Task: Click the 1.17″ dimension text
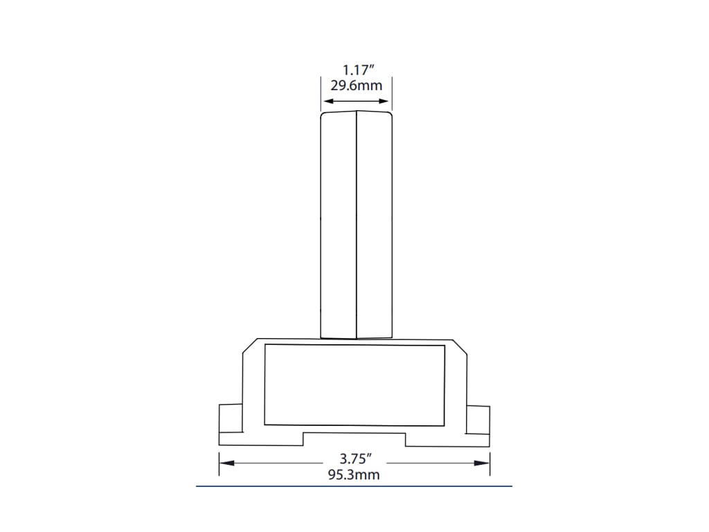click(356, 70)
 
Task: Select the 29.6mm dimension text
click(356, 86)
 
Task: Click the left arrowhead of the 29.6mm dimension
click(325, 101)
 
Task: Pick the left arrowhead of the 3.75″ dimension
click(224, 462)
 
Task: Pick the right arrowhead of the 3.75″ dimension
click(485, 462)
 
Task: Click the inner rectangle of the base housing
click(354, 384)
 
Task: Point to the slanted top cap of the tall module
click(356, 110)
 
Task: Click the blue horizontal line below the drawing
click(354, 487)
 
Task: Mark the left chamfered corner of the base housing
click(249, 346)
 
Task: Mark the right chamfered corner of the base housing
click(460, 346)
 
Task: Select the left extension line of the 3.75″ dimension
click(219, 464)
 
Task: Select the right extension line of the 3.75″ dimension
click(490, 464)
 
